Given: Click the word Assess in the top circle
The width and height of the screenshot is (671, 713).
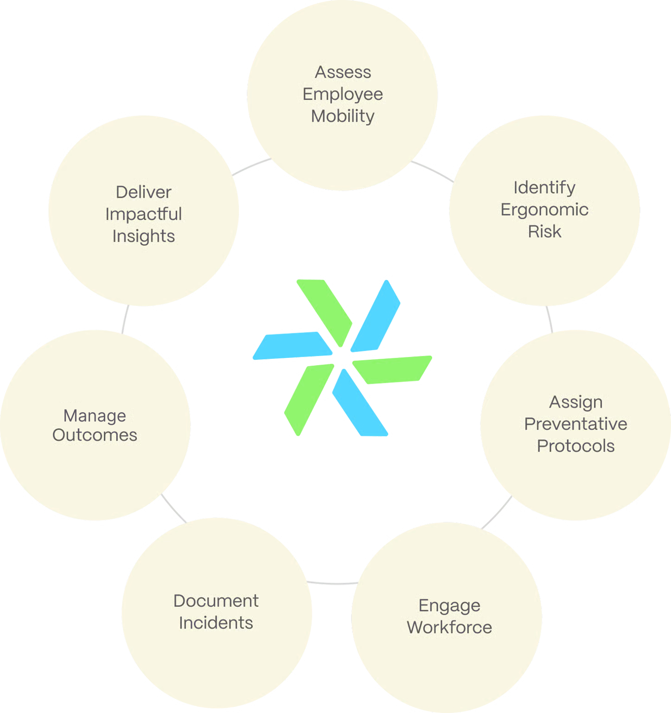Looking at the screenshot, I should (343, 72).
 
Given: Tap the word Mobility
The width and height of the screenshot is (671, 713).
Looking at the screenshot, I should (343, 116).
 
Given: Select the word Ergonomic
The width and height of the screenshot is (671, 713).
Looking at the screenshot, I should (544, 210).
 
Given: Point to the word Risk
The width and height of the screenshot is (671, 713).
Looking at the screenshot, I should (544, 231).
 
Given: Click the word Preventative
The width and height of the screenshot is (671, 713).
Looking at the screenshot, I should (575, 424).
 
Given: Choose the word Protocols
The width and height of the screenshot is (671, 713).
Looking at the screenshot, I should (575, 446).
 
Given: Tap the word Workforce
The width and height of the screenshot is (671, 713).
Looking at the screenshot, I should (449, 627).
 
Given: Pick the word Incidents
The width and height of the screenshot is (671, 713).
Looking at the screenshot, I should (216, 623).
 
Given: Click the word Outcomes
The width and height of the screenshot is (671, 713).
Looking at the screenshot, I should (95, 435).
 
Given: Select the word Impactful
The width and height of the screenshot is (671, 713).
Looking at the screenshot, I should (143, 214).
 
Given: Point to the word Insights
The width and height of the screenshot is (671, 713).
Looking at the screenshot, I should (143, 236).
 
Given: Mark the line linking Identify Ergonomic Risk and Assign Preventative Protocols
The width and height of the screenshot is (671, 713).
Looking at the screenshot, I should (549, 318).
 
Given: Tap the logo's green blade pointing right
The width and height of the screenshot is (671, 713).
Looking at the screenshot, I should (394, 369).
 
